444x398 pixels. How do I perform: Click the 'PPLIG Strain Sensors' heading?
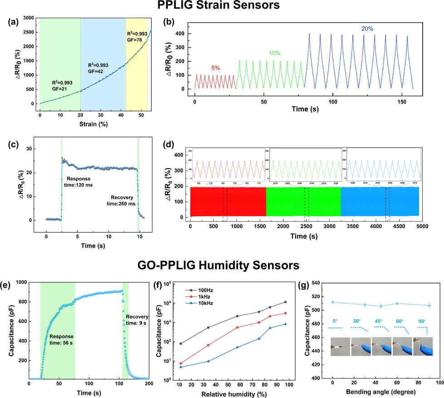point(222,7)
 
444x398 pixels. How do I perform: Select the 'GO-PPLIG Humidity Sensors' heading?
point(222,264)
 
